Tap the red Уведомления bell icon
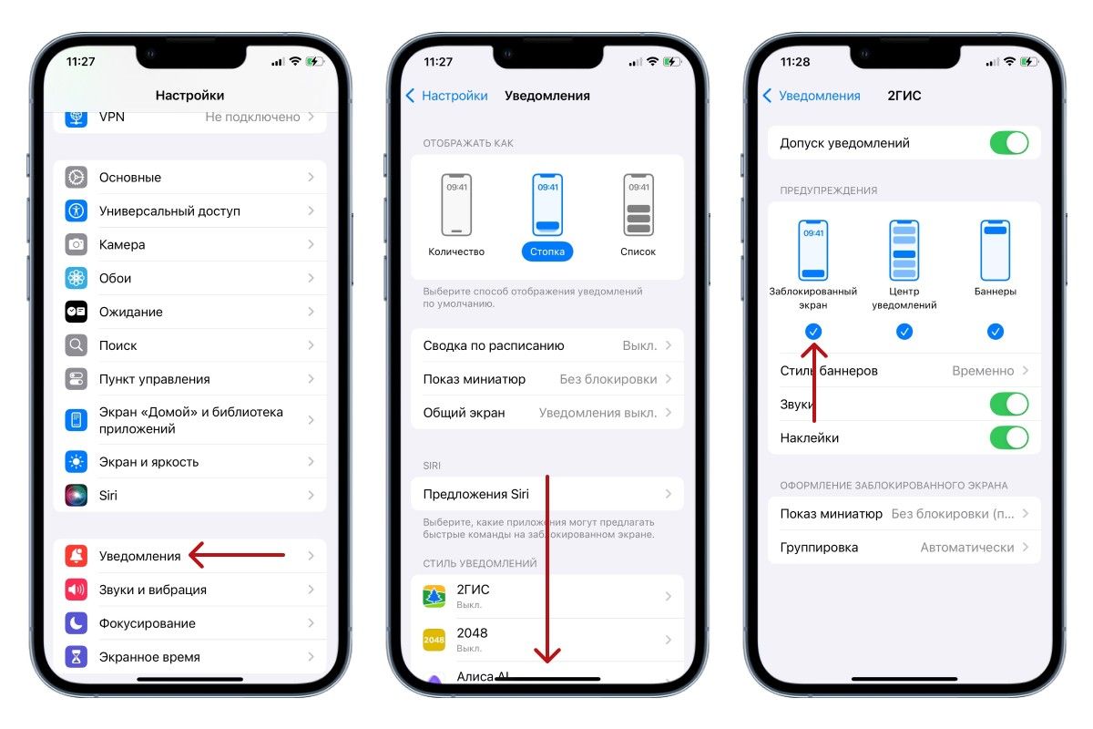(x=77, y=556)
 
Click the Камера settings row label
(x=122, y=244)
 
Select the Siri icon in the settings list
(x=77, y=495)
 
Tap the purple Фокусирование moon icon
(x=77, y=623)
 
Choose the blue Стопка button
(x=547, y=252)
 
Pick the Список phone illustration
(x=638, y=205)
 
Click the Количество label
(x=456, y=252)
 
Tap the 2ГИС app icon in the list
(x=434, y=596)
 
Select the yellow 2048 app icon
(x=434, y=640)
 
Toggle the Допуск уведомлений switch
(x=1009, y=143)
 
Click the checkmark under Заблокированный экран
(x=812, y=332)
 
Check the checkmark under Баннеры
(x=996, y=332)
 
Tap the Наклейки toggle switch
(x=1009, y=437)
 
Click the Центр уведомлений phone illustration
(x=904, y=250)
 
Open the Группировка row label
(x=819, y=548)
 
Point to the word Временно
(x=983, y=371)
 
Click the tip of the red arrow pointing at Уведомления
(x=189, y=555)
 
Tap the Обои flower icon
(x=77, y=278)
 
